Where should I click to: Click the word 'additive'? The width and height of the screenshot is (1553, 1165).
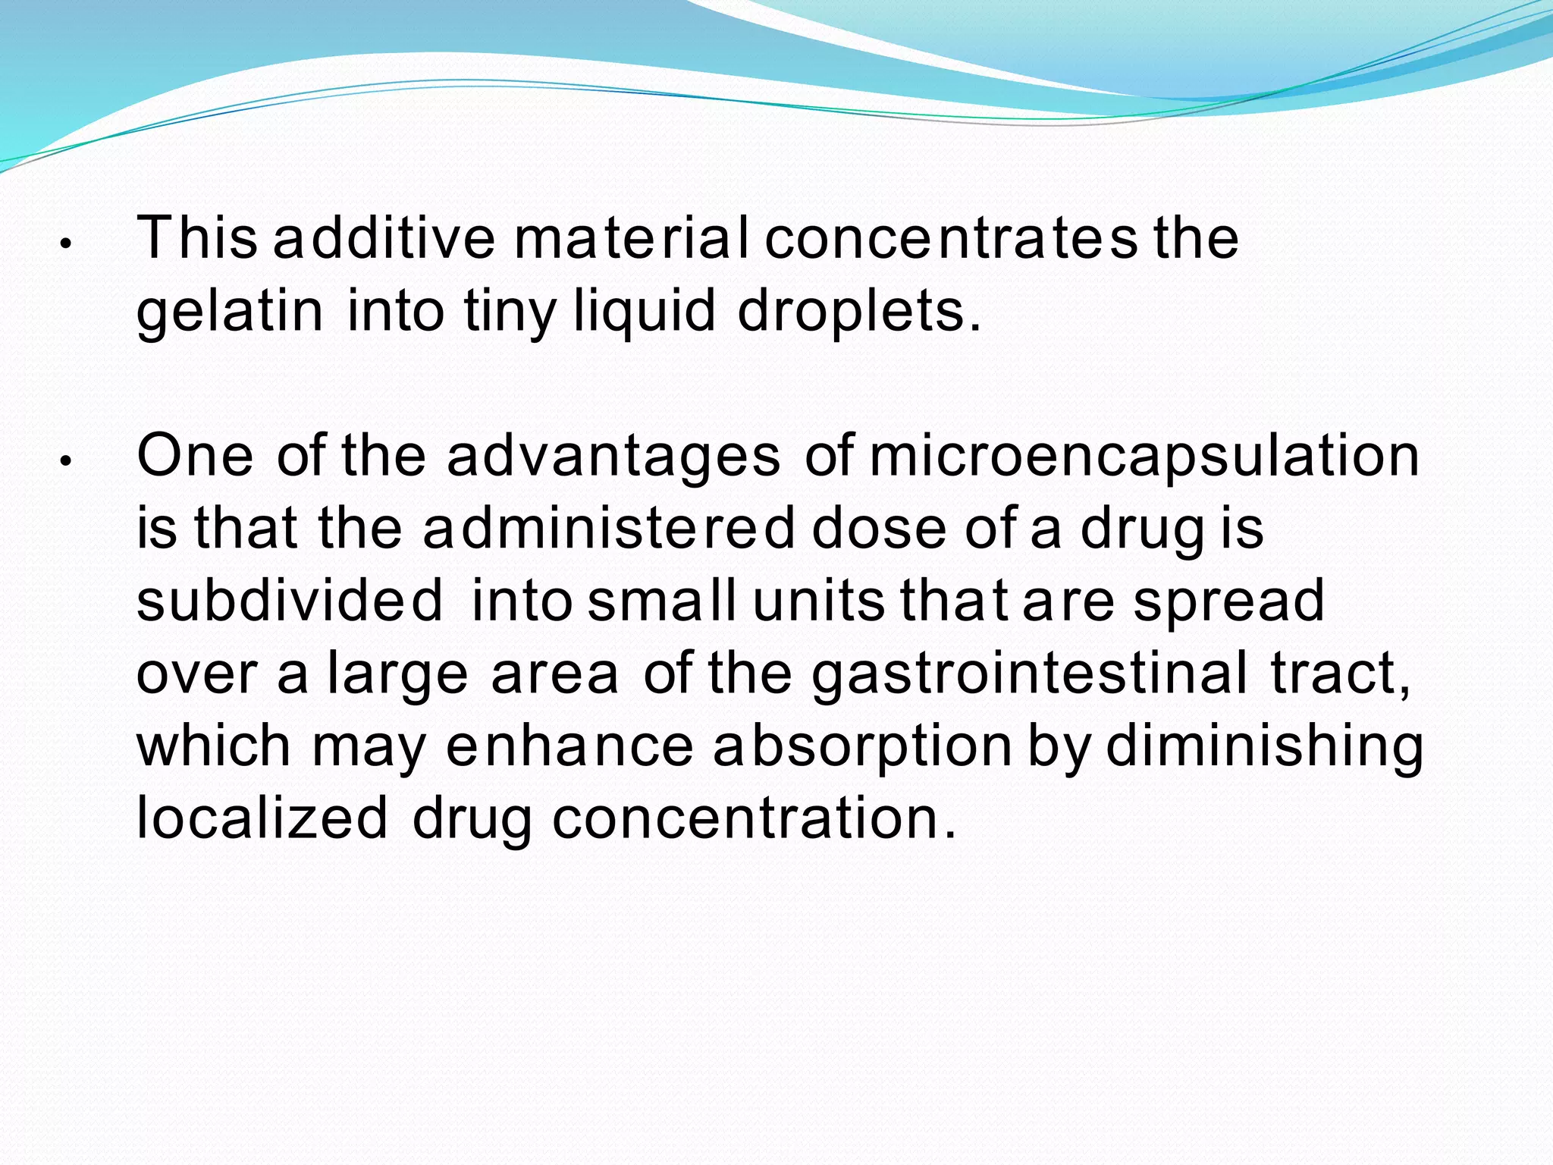[384, 238]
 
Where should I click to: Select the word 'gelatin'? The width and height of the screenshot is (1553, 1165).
[230, 312]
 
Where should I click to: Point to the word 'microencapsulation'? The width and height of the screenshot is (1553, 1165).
[1144, 457]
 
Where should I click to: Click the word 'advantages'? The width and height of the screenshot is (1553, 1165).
[613, 457]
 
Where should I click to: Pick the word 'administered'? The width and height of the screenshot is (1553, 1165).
[609, 529]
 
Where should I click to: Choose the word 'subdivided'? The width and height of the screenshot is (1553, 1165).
[290, 601]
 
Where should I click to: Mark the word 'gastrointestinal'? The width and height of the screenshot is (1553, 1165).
[1029, 674]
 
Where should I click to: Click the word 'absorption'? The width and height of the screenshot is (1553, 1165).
[862, 746]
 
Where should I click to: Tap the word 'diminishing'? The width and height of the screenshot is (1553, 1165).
[1264, 746]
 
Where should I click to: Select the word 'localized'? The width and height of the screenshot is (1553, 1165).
[262, 818]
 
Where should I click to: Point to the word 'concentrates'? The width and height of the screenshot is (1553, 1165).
[951, 238]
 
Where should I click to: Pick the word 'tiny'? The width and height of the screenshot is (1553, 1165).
[510, 312]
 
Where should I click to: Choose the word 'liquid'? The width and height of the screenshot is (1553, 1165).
[645, 312]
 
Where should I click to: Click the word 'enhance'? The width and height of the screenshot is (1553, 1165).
[569, 746]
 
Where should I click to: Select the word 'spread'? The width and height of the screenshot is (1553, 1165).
[1228, 601]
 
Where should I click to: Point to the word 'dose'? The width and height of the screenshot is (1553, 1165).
[879, 529]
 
